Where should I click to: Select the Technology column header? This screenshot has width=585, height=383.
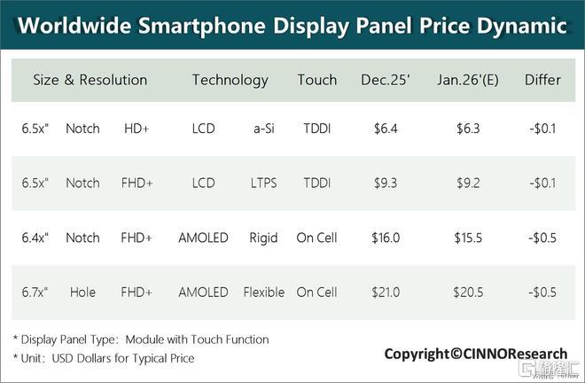(230, 81)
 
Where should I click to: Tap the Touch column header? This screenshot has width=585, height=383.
(317, 80)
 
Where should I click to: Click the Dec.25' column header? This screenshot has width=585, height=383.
(386, 80)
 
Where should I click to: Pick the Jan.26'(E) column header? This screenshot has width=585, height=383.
(468, 80)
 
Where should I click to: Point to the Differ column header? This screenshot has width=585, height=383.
(542, 80)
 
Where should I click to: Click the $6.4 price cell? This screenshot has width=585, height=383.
(386, 129)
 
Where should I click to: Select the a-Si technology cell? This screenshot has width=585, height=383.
(264, 129)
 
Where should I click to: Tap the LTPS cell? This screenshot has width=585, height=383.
(264, 184)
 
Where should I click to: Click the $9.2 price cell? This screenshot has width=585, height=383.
(468, 184)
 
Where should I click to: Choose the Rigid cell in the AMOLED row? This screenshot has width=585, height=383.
(263, 238)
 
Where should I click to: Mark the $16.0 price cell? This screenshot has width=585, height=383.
(386, 238)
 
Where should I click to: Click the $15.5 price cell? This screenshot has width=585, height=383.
(468, 238)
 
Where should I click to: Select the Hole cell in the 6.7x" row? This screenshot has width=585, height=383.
(82, 293)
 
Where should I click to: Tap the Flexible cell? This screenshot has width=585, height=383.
(264, 293)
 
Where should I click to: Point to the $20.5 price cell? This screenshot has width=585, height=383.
(468, 293)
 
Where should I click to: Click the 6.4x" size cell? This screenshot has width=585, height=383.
(35, 238)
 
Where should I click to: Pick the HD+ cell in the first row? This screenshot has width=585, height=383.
(136, 129)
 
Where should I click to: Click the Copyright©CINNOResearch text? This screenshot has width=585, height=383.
(476, 354)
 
